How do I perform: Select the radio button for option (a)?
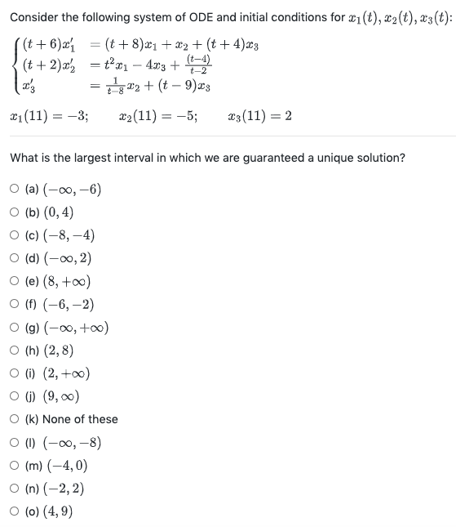(x=15, y=191)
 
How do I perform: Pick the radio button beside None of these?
(x=15, y=419)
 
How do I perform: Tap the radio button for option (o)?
(x=15, y=512)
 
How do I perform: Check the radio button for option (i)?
(x=15, y=374)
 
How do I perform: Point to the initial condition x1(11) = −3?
(x=51, y=116)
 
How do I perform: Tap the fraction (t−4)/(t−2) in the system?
(x=197, y=62)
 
